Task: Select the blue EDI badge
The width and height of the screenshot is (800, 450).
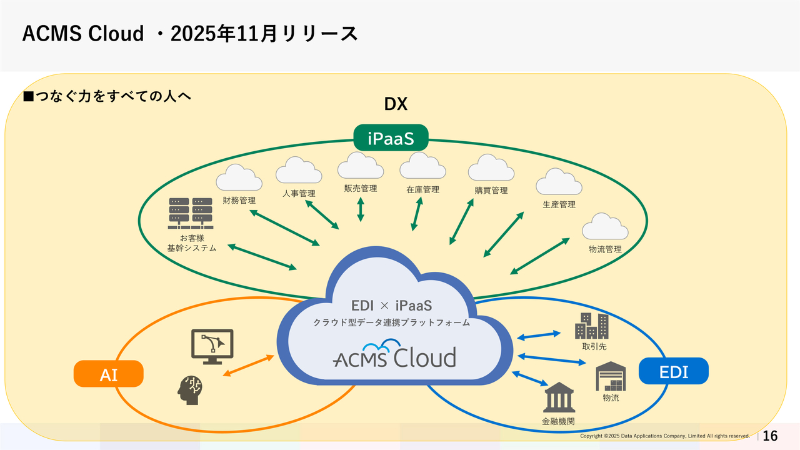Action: pos(674,371)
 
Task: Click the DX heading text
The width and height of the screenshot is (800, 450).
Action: pos(396,104)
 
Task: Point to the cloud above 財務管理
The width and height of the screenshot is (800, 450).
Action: pos(239,178)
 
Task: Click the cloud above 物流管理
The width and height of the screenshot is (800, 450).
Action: pos(605,227)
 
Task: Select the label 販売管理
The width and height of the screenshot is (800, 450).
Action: pos(360,188)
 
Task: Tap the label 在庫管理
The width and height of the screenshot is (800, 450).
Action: pos(423,189)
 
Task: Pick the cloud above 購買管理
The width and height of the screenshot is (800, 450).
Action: pos(491,168)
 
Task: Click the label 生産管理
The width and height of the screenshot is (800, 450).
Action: pos(559,204)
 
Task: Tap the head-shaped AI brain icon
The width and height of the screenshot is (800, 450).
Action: pos(190,389)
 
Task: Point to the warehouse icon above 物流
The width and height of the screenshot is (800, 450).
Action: pos(611,376)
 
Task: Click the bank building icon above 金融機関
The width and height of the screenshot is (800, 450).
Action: pos(559,397)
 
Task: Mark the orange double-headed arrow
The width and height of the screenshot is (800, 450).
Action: pos(249,366)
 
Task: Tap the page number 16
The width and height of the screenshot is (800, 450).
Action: pos(771,436)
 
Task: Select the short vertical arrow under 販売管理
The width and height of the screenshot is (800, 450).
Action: pos(361,209)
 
